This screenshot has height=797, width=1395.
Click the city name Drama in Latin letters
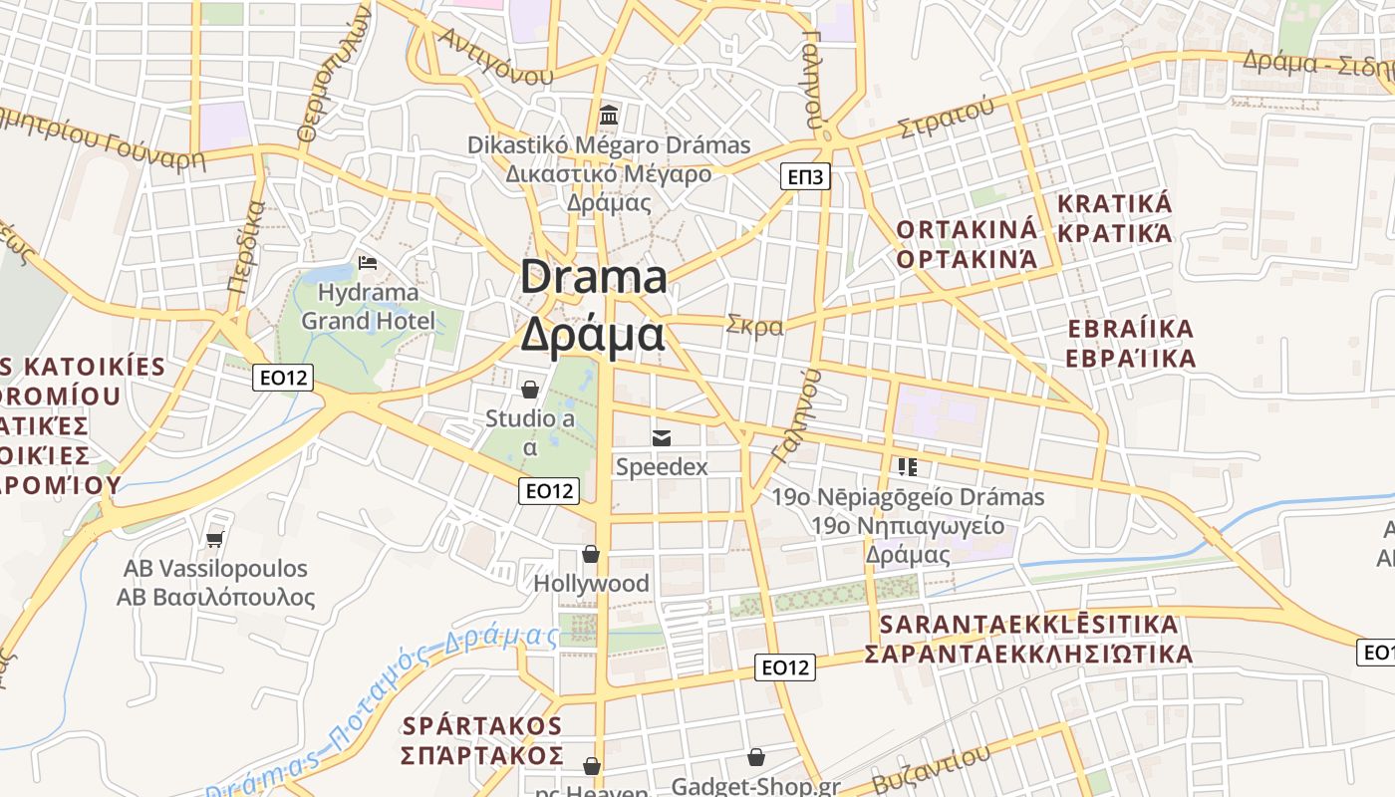(x=594, y=276)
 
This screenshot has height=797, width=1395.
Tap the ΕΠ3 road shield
(x=805, y=177)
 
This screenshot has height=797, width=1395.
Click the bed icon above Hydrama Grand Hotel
(x=368, y=264)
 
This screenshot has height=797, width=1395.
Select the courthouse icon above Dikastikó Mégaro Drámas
(x=608, y=116)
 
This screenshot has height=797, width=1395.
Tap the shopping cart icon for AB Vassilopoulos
(x=214, y=539)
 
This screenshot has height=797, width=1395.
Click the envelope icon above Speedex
(x=661, y=437)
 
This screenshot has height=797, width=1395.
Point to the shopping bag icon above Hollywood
(x=591, y=554)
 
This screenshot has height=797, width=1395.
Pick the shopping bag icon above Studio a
(x=530, y=389)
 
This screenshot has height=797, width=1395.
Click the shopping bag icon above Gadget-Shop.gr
(x=756, y=758)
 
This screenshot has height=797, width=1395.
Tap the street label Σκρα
(x=754, y=326)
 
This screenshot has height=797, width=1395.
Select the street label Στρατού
(x=946, y=119)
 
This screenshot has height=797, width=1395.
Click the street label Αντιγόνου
(x=495, y=58)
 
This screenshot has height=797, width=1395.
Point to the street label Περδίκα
(x=245, y=245)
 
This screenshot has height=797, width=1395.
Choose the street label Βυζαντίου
(x=931, y=767)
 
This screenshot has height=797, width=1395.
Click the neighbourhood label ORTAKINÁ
(x=967, y=230)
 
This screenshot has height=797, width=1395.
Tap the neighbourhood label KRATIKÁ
(x=1114, y=204)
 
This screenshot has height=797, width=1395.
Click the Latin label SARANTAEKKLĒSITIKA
(x=1029, y=625)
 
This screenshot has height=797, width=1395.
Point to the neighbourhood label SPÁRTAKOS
(x=482, y=725)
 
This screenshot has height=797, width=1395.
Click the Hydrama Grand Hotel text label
(x=368, y=307)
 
